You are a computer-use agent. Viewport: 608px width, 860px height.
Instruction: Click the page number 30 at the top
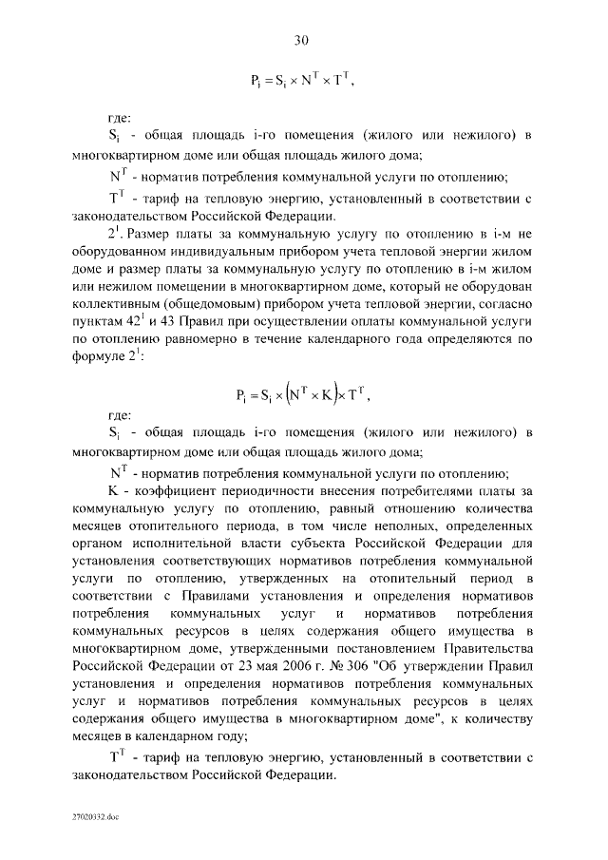pyautogui.click(x=302, y=40)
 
